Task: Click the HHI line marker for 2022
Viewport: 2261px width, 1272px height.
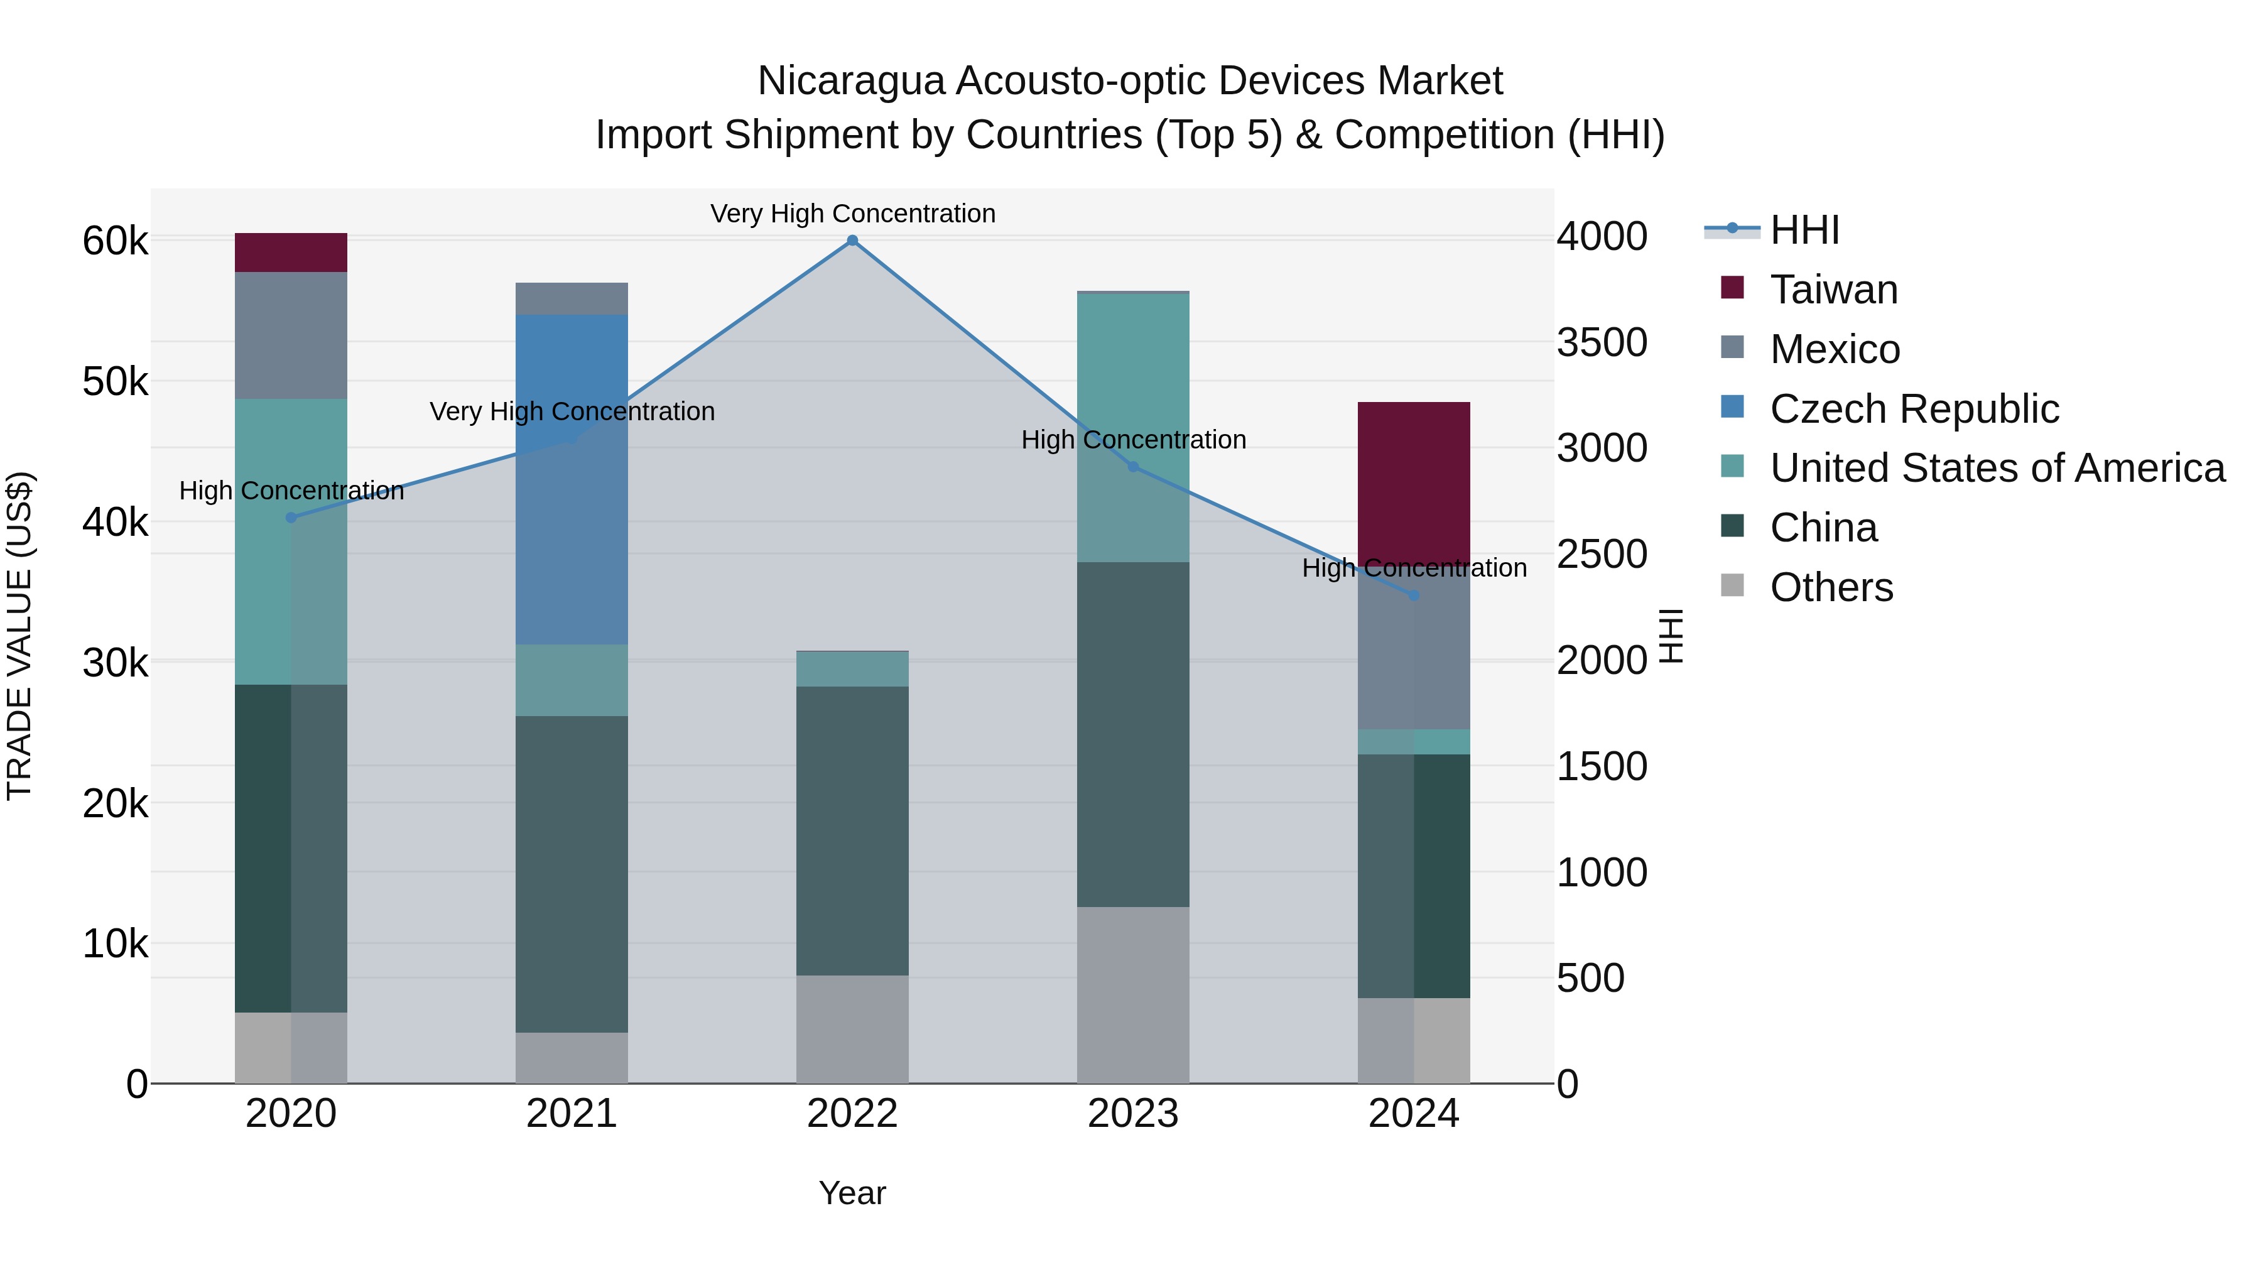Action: tap(852, 241)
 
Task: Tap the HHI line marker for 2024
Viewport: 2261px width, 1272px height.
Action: tap(1413, 595)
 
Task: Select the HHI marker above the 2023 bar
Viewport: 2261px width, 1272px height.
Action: tap(1132, 467)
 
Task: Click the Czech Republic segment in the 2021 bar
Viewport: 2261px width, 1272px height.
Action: tap(572, 479)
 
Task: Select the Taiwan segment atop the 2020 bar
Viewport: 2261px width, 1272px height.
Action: tap(291, 253)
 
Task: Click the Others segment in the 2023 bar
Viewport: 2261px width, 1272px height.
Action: tap(1132, 994)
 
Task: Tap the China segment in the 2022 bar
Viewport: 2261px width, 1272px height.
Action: tap(852, 830)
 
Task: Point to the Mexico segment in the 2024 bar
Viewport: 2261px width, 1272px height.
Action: tap(1413, 654)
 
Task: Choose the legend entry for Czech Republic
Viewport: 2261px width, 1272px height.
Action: tap(1914, 409)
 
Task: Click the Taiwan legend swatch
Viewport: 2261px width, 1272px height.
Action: tap(1733, 288)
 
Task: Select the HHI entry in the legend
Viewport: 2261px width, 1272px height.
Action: tap(1804, 230)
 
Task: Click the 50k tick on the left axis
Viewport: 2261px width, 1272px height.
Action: tap(115, 382)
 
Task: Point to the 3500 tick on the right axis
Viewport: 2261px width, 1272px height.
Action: tap(1602, 342)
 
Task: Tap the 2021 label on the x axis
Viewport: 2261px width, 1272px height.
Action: tap(572, 1114)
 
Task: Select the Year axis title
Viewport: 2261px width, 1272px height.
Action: tap(852, 1193)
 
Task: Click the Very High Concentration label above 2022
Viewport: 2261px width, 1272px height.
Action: tap(852, 214)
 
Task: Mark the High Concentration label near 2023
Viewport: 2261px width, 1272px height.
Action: tap(1133, 440)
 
